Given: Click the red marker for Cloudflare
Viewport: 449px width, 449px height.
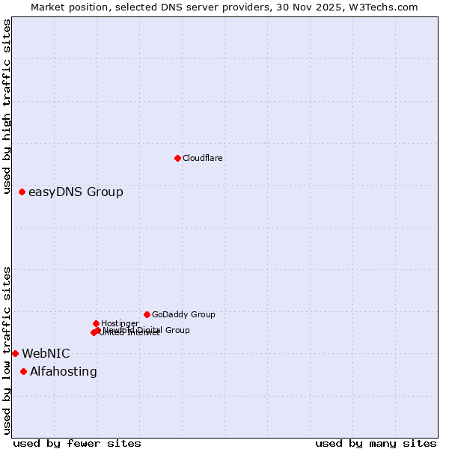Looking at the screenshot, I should (177, 158).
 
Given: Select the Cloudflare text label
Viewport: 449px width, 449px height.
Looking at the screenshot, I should (202, 158).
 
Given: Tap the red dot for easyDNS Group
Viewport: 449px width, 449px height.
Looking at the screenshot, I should (22, 192).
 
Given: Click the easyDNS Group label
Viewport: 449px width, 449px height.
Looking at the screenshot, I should (76, 192).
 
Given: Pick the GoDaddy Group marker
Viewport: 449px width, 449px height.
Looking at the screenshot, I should (147, 314).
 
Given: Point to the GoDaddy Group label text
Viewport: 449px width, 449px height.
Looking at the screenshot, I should (183, 314).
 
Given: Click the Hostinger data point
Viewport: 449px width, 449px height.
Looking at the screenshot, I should (96, 323).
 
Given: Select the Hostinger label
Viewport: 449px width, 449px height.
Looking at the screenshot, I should (120, 323).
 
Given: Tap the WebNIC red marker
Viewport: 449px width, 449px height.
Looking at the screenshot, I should (15, 353).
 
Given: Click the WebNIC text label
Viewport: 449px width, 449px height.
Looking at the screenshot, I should (46, 353).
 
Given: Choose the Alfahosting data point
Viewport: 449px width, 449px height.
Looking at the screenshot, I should (23, 371).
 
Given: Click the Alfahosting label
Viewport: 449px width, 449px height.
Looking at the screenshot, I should (63, 371).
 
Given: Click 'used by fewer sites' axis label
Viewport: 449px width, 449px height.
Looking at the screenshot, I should (77, 443).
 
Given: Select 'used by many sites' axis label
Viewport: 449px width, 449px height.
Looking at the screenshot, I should (376, 443).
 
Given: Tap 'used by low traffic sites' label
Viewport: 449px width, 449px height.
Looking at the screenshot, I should (7, 350).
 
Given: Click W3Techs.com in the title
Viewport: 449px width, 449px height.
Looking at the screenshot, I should (386, 7).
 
